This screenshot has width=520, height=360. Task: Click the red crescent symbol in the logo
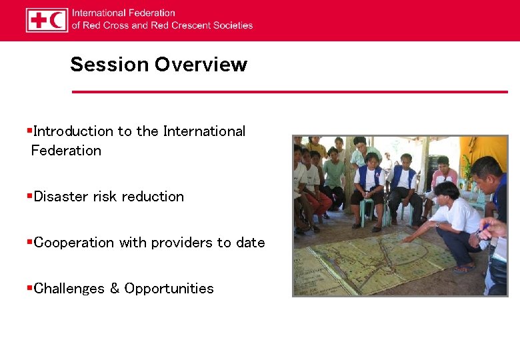click(x=57, y=20)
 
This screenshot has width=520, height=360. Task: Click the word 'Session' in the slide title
click(x=109, y=65)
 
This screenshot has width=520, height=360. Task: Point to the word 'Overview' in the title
click(x=201, y=65)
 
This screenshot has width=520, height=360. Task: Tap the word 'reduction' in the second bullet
click(x=153, y=197)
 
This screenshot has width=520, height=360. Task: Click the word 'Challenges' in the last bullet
click(x=69, y=289)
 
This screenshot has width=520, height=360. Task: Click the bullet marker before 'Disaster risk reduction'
click(x=29, y=196)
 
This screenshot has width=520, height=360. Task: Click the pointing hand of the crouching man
click(x=408, y=238)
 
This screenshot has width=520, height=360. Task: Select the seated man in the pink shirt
click(x=443, y=176)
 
